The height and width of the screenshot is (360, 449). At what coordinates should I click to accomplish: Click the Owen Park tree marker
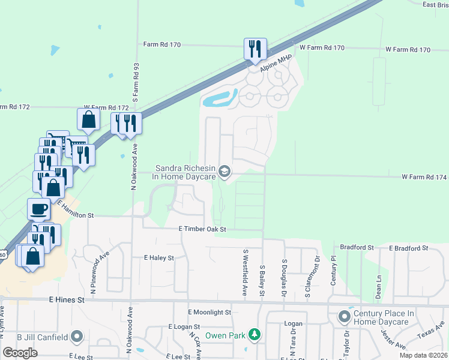coord(255,334)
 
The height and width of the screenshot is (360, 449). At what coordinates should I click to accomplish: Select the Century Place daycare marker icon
coord(345,316)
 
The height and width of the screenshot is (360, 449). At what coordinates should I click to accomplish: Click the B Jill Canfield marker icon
coord(76,337)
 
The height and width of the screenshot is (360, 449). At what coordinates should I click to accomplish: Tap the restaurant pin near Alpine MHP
coord(255,48)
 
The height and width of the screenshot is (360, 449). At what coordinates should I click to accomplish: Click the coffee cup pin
coord(39,209)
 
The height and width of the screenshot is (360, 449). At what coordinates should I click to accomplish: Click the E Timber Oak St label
coord(202,229)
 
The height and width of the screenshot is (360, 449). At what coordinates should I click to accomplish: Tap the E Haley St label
coord(158,257)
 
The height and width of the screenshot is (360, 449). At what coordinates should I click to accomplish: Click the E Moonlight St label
coord(209,313)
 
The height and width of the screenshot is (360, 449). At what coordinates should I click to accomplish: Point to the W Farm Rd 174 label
coord(424,177)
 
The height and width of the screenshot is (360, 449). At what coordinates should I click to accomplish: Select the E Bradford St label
coord(408,247)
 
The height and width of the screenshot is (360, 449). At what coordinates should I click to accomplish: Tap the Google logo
coord(20,353)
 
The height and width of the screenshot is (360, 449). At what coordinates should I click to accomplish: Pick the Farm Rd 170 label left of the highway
coord(162,44)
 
